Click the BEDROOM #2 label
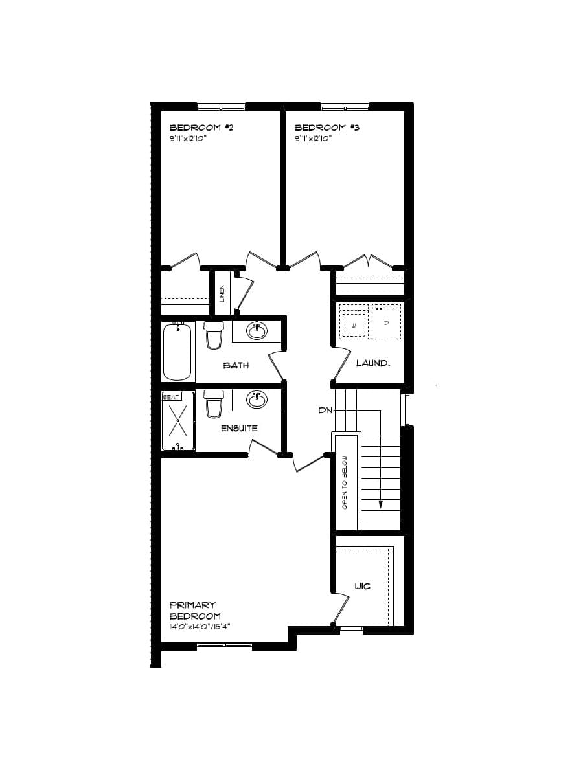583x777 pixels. tap(201, 128)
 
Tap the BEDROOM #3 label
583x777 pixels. tap(326, 128)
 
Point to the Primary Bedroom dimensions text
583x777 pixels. tap(200, 627)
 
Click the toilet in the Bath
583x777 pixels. tap(213, 334)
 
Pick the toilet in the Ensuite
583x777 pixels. tap(213, 403)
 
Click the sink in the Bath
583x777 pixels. tap(257, 331)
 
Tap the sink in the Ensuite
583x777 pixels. tap(257, 400)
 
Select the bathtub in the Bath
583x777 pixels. tap(178, 352)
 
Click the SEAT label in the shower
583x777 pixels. tap(170, 396)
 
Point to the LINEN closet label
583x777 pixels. tap(222, 294)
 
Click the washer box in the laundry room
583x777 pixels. tap(354, 323)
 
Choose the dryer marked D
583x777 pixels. tap(386, 322)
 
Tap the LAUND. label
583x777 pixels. tap(373, 363)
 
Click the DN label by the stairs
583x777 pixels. tap(325, 410)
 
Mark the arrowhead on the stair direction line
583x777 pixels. tap(381, 504)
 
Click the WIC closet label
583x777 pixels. tap(362, 586)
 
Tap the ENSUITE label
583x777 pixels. tap(239, 428)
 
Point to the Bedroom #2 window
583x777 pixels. tap(221, 107)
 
